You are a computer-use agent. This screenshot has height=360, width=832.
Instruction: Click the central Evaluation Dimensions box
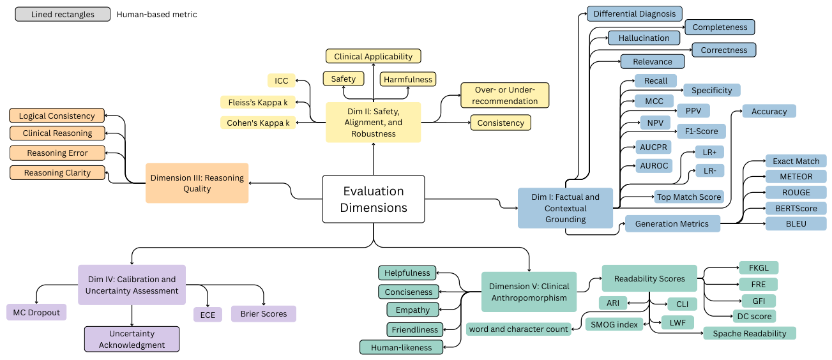tap(374, 199)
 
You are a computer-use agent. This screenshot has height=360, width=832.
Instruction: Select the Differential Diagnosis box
tap(635, 14)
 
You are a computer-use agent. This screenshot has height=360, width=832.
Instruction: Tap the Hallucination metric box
tap(644, 38)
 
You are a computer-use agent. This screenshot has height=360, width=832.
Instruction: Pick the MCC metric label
tap(654, 101)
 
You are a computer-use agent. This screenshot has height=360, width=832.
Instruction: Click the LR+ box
tap(709, 152)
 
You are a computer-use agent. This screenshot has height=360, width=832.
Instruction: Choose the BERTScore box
tap(796, 208)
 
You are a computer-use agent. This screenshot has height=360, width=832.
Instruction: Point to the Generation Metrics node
tap(672, 223)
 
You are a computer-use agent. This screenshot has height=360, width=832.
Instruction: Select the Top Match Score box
tap(689, 197)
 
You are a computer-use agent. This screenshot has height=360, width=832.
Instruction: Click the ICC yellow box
tap(281, 80)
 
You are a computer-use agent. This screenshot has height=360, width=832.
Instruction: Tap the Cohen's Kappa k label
tap(258, 123)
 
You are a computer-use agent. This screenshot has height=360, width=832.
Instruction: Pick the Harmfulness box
tap(408, 79)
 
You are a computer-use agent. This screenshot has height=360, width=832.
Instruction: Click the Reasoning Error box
tap(57, 153)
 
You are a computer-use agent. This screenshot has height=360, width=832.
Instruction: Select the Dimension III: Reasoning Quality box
tap(197, 183)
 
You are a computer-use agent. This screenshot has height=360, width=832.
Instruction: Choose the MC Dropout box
tap(36, 313)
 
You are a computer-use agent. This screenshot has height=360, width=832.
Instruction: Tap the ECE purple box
tap(208, 315)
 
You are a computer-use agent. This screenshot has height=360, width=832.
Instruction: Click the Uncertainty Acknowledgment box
tap(132, 339)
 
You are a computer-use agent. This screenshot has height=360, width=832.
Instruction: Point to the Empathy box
tap(412, 310)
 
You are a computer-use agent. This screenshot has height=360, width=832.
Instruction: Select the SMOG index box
tap(614, 324)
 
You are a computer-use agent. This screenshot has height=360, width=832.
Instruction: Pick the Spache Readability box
tap(750, 333)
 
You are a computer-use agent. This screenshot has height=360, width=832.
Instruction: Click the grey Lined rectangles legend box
tap(63, 14)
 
